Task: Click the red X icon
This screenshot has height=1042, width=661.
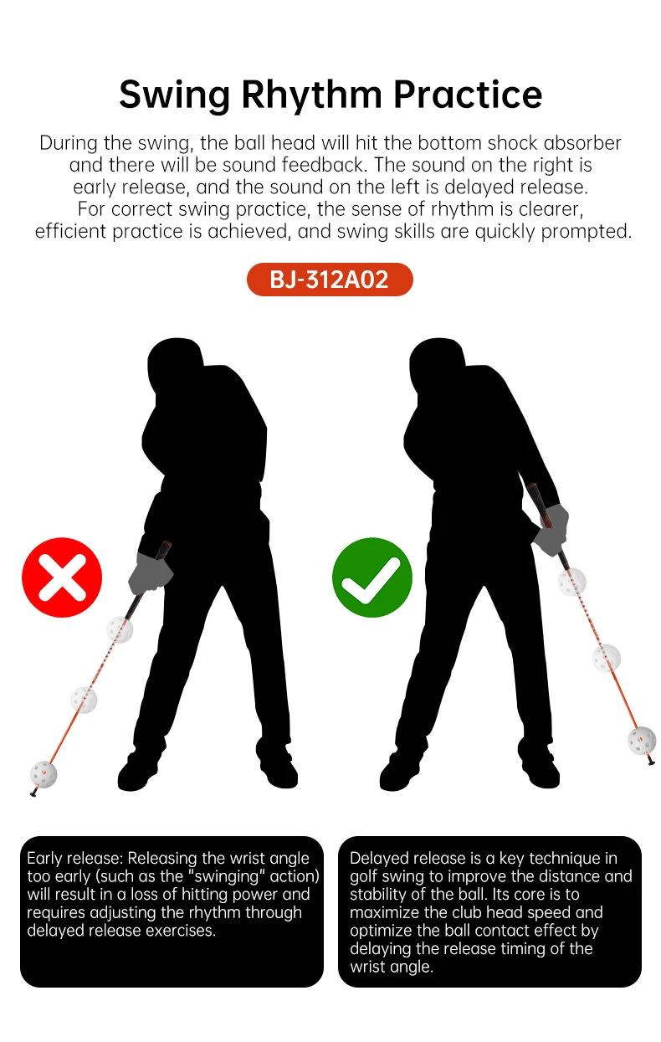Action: coord(62,577)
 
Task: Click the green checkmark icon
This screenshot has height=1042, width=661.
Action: coord(372,577)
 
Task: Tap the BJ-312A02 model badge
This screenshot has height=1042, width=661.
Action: coord(330,280)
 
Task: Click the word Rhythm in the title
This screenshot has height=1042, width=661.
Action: coord(311,95)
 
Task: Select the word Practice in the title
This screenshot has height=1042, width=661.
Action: coord(468,95)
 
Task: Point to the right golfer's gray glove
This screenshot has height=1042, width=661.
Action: coord(551,531)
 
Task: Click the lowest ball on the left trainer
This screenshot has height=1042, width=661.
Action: coord(44,774)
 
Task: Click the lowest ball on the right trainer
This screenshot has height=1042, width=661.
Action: coord(642,741)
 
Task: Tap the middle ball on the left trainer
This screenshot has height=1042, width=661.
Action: coord(84,700)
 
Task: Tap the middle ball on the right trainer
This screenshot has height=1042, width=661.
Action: coord(607,658)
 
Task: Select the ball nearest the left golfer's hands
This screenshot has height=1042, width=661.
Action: coord(120,629)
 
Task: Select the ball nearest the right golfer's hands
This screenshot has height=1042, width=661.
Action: coord(572,582)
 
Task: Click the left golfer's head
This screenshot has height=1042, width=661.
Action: coord(174,365)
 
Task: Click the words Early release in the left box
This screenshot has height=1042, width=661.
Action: coord(75,858)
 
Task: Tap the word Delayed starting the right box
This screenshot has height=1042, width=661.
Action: coord(380,859)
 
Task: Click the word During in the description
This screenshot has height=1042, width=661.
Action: coord(69,143)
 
